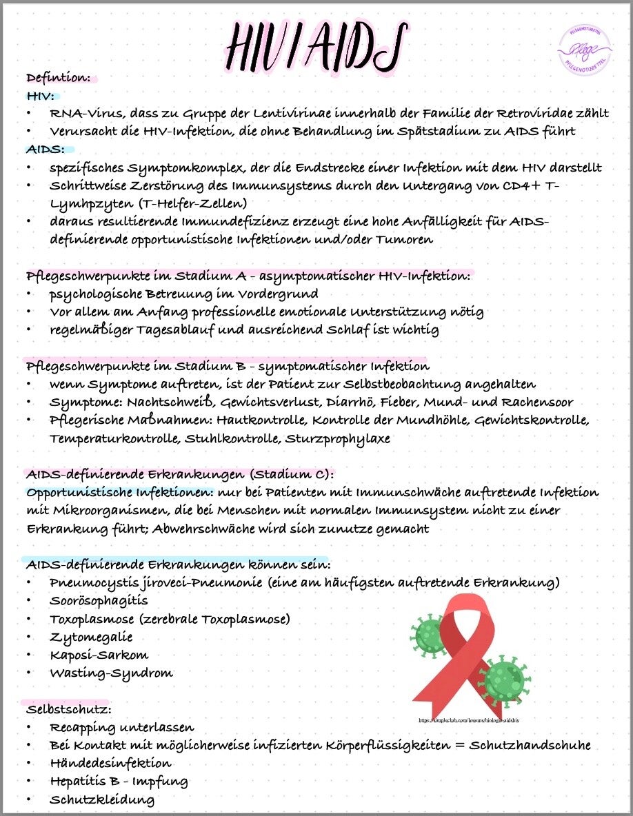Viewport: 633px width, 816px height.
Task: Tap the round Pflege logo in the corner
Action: click(x=585, y=48)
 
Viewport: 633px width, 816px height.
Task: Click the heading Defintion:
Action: click(x=59, y=78)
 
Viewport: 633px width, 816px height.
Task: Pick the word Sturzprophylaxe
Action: click(x=337, y=438)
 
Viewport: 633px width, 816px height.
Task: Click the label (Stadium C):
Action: click(x=292, y=475)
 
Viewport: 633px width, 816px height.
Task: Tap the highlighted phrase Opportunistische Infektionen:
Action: click(x=120, y=493)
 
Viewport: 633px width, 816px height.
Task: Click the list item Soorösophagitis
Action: click(x=99, y=601)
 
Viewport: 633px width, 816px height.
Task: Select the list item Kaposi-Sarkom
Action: click(x=99, y=655)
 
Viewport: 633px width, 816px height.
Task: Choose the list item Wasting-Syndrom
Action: click(x=111, y=673)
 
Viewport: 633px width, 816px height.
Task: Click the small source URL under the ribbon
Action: click(x=468, y=720)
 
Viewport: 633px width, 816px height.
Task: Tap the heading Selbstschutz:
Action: click(x=69, y=709)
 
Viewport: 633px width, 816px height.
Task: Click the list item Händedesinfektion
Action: click(x=110, y=764)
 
